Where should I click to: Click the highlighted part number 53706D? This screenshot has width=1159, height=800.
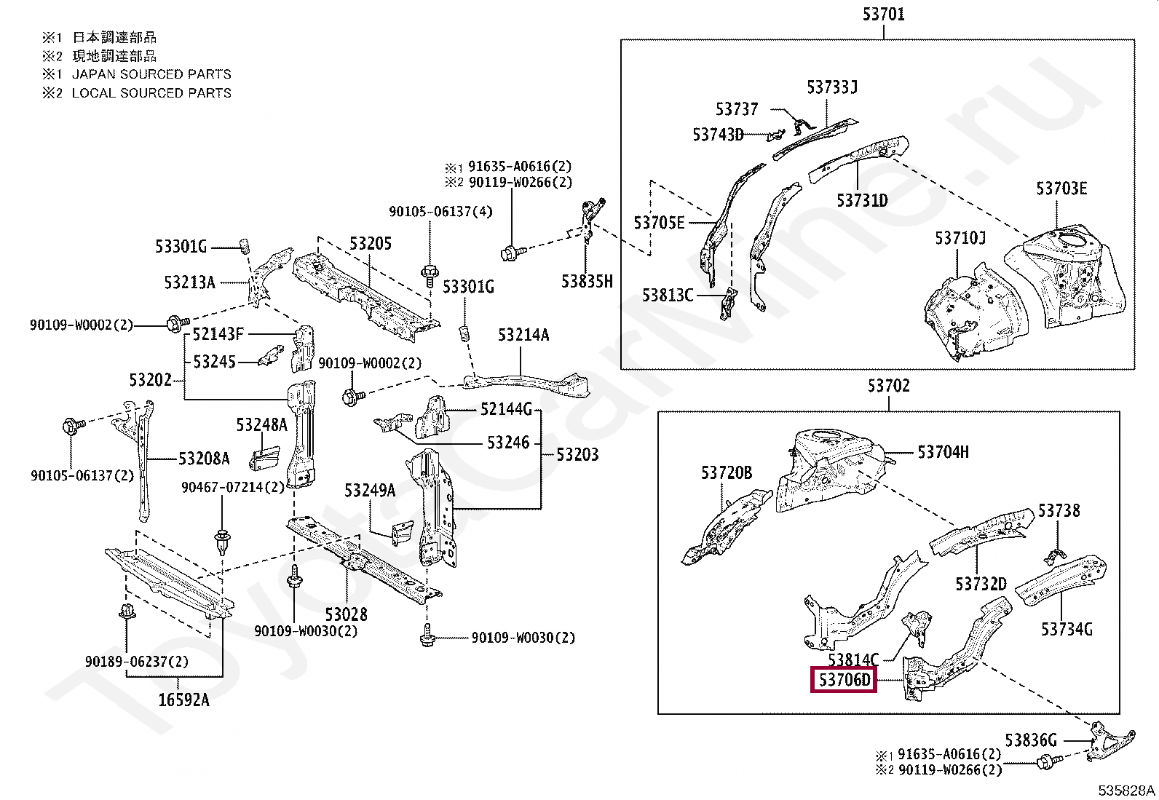tap(844, 680)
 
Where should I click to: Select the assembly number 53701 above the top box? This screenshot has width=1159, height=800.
tap(883, 14)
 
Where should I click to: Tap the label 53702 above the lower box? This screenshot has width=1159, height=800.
tap(888, 386)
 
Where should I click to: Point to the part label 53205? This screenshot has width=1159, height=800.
tap(370, 243)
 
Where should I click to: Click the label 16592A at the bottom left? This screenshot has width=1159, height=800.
tap(183, 700)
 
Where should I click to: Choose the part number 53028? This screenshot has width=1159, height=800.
tap(346, 614)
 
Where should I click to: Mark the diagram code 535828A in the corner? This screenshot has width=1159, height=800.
tap(1126, 791)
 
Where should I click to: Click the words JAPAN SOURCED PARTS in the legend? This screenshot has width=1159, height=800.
tap(151, 74)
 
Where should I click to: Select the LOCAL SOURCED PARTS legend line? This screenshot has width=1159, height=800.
tap(151, 93)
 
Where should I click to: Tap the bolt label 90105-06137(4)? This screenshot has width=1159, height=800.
tap(440, 212)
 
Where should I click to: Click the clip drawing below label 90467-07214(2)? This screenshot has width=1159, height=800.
tap(222, 542)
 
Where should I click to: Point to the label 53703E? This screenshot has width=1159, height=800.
tap(1061, 189)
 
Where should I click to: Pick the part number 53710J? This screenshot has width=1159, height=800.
tap(960, 238)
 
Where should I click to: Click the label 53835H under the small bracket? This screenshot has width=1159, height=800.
tap(587, 281)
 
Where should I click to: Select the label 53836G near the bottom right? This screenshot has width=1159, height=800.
tap(1031, 740)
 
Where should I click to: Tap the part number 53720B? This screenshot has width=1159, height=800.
tap(726, 473)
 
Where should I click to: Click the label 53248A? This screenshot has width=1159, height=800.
tap(261, 424)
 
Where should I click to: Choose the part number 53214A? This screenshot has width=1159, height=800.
tap(523, 335)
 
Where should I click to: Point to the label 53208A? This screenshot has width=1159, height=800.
tap(204, 458)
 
